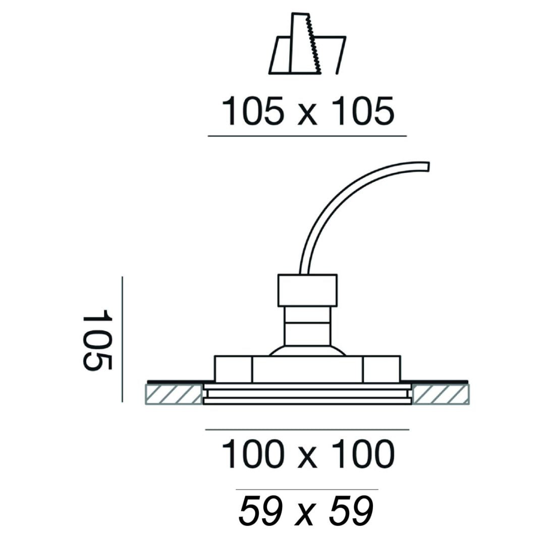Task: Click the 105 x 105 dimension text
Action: pyautogui.click(x=307, y=112)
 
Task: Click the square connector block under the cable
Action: pyautogui.click(x=307, y=290)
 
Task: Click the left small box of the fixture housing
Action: pyautogui.click(x=233, y=369)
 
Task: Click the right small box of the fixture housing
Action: pyautogui.click(x=381, y=369)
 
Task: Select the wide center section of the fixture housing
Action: pyautogui.click(x=307, y=370)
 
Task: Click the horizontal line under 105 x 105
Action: pyautogui.click(x=307, y=136)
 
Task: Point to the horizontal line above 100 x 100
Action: pyautogui.click(x=307, y=430)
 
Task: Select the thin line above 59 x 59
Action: pyautogui.click(x=307, y=489)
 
